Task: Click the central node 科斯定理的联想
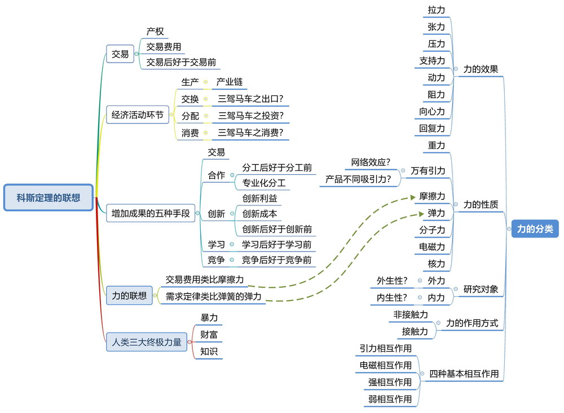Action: (x=48, y=197)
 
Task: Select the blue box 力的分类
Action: (x=535, y=229)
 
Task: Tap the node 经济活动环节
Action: (x=138, y=115)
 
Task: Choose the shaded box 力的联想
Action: (x=129, y=295)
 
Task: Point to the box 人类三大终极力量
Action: (x=147, y=341)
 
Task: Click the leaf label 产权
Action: (x=155, y=32)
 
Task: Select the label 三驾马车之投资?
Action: (x=250, y=116)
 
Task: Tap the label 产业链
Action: (x=230, y=82)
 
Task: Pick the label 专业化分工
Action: (x=264, y=183)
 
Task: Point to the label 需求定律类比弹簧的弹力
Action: (x=215, y=296)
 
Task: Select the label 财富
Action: (x=209, y=335)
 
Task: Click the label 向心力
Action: (x=432, y=111)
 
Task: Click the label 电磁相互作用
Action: (x=386, y=365)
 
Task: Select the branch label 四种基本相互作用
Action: (x=464, y=374)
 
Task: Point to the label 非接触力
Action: (x=411, y=314)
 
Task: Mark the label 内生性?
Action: (x=392, y=297)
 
